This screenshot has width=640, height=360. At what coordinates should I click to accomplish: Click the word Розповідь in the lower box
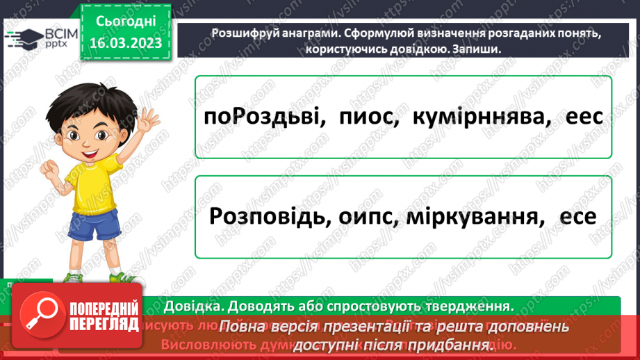click(268, 217)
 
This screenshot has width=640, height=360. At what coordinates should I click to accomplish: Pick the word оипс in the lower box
click(369, 217)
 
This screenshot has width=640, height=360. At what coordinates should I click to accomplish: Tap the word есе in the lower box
click(575, 217)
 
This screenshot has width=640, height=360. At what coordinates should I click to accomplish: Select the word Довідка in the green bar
click(190, 305)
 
